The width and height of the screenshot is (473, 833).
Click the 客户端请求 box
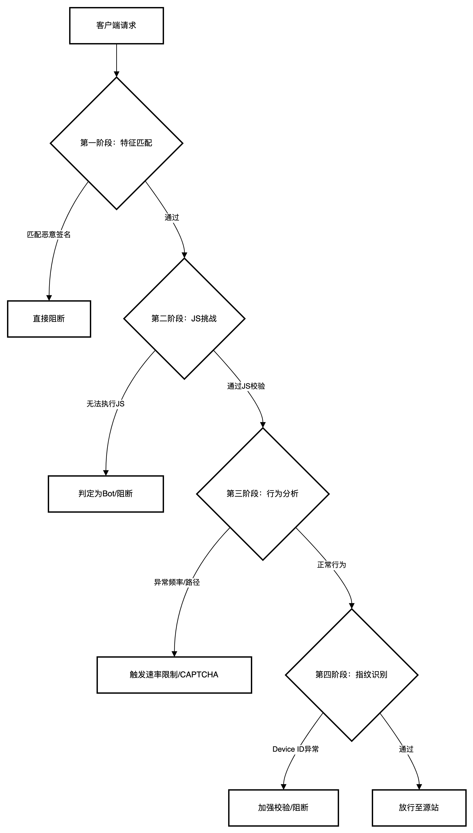click(116, 26)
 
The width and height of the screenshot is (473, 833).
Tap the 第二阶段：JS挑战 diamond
click(184, 319)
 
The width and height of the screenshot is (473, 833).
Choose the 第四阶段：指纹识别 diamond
click(352, 675)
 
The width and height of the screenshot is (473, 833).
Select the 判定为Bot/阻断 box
click(106, 494)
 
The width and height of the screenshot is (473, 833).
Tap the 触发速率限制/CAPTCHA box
click(174, 675)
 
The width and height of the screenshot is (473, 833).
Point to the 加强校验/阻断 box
click(283, 808)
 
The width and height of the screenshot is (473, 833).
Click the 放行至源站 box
click(419, 808)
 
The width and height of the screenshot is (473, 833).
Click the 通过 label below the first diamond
click(172, 218)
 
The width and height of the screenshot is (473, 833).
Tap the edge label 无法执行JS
click(106, 404)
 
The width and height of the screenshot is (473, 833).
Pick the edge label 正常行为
click(332, 565)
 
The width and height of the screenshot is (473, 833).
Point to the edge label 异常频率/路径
click(177, 583)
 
